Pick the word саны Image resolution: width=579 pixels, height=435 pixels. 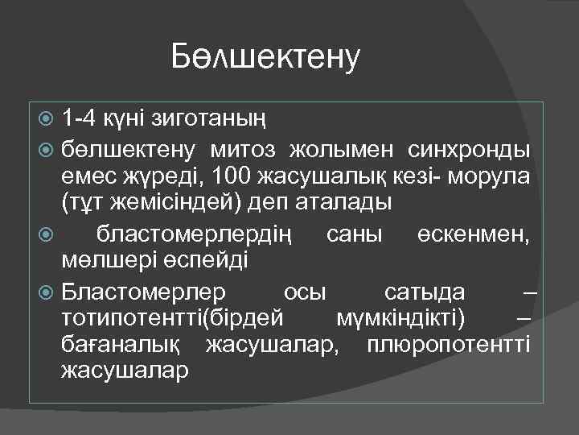coord(353,233)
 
